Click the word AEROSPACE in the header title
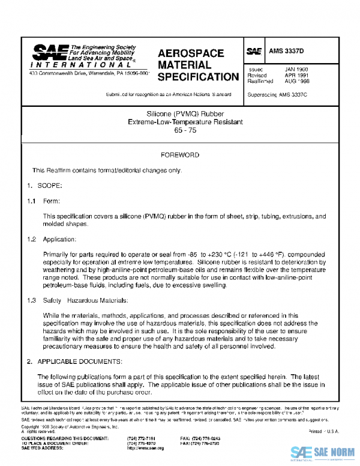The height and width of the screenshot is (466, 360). (x=191, y=53)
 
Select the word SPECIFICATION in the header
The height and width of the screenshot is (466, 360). (x=198, y=77)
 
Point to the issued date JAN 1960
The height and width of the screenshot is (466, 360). (x=296, y=69)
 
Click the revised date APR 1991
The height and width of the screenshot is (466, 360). (x=296, y=76)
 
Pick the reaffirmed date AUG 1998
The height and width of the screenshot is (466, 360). (x=296, y=82)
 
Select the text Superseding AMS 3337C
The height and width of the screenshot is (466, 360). (x=277, y=95)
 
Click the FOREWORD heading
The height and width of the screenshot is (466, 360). (x=179, y=155)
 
